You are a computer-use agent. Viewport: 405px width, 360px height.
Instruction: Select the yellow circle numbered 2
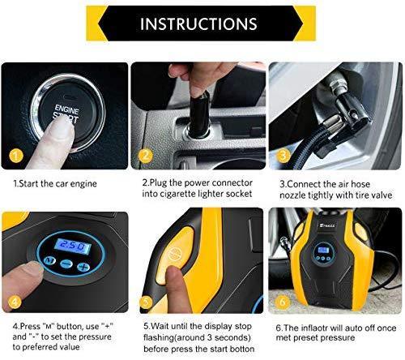[x=146, y=153]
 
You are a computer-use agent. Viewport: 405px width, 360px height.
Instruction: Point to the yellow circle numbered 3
[x=281, y=153]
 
